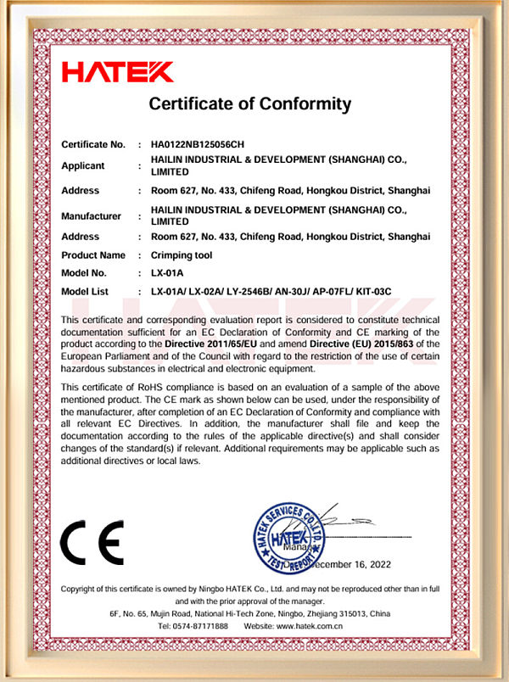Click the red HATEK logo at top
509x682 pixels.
tap(117, 72)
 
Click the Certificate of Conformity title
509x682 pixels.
tap(249, 104)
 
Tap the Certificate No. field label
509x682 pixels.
tap(93, 144)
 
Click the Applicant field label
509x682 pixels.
tap(83, 166)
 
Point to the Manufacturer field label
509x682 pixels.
tap(92, 216)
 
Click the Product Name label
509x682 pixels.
tap(93, 255)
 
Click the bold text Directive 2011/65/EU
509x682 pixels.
tap(221, 344)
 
